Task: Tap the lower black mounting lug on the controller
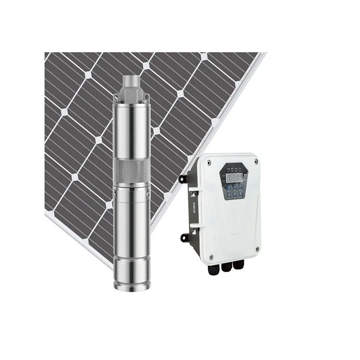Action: pos(184,237)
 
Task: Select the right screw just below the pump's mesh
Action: pos(146,194)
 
